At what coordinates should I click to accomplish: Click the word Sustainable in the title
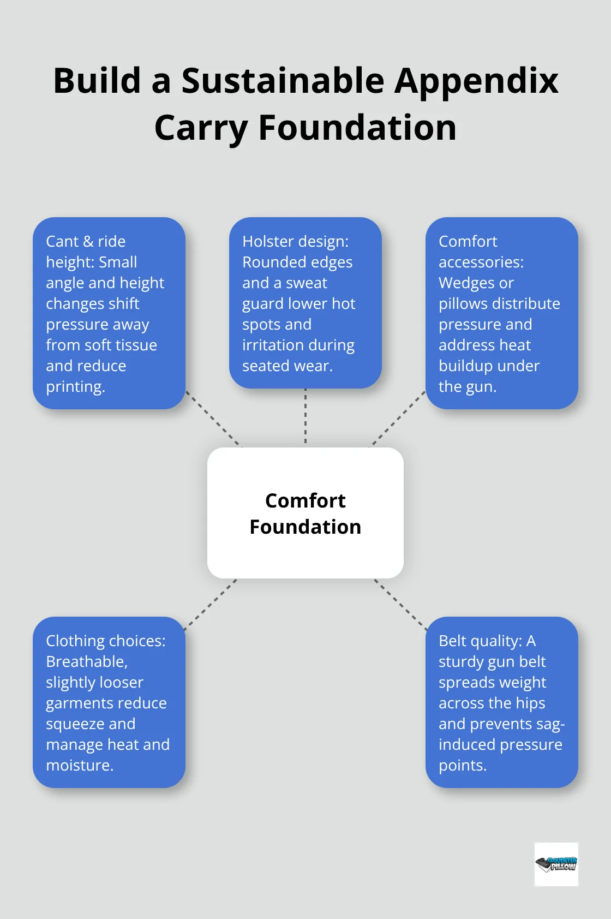(x=283, y=81)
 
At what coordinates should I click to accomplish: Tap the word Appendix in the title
(x=476, y=81)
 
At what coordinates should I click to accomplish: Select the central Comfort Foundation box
(x=305, y=513)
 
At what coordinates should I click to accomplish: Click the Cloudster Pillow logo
(x=556, y=864)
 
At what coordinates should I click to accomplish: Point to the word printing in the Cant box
(x=75, y=387)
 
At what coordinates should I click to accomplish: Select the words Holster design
(x=295, y=241)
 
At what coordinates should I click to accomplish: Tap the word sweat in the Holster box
(x=307, y=283)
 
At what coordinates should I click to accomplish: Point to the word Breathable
(x=86, y=661)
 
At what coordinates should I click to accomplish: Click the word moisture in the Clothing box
(x=79, y=765)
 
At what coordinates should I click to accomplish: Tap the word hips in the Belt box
(x=530, y=703)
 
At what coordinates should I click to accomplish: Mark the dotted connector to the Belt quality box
(x=401, y=604)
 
